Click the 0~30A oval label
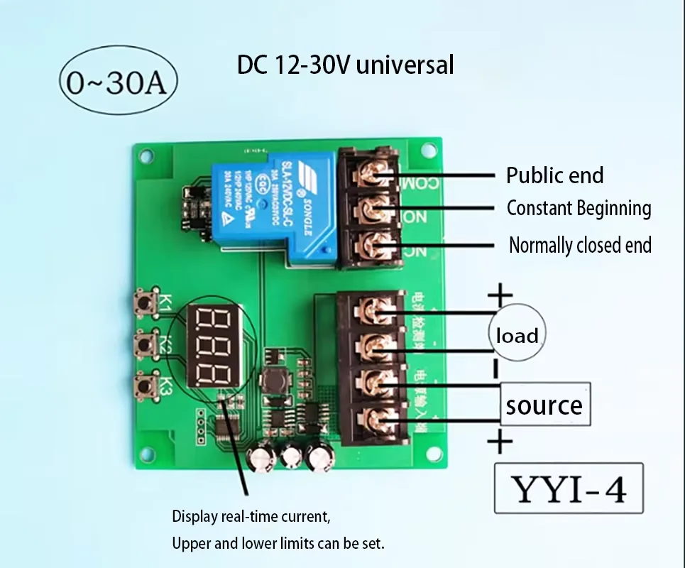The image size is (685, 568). pos(116,84)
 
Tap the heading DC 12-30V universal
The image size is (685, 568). pos(345,65)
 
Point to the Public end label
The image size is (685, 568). pos(554,175)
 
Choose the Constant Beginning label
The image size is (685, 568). pos(579,209)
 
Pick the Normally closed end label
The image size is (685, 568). pos(580,246)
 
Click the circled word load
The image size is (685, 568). pos(516,334)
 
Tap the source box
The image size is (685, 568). pos(544,405)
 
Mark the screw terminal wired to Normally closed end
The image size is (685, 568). pos(371,245)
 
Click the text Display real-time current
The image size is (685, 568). pos(251,516)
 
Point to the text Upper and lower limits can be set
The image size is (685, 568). pos(278,545)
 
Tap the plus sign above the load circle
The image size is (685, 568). pos(500,293)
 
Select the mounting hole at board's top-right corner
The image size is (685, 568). pos(429,150)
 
